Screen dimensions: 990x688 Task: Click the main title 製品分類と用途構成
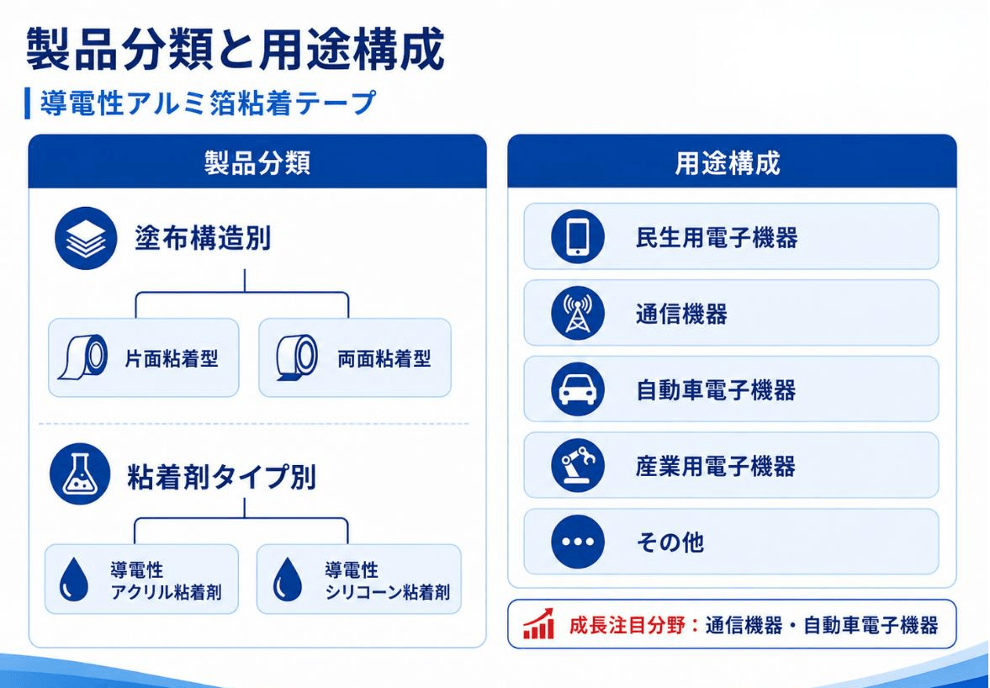coord(235,50)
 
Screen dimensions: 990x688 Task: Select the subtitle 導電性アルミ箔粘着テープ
coord(209,103)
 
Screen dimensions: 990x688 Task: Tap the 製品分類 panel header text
coord(257,162)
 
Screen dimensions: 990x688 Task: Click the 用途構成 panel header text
coord(728,162)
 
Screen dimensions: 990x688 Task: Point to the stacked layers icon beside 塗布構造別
coord(86,238)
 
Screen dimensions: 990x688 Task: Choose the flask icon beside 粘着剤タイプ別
coord(80,474)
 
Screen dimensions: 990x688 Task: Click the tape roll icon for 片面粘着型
coord(83,357)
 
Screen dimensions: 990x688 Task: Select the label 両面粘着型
coord(384,358)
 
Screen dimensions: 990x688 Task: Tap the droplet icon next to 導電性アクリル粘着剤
coord(74,579)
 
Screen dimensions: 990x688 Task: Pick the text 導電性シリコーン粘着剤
coord(388,580)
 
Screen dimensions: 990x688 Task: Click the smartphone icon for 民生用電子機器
coord(577,236)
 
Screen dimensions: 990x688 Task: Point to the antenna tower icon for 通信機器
coord(577,313)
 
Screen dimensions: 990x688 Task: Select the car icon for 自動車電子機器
coord(577,389)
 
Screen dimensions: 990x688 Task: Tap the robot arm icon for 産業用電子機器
coord(577,466)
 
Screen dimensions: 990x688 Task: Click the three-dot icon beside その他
coord(577,542)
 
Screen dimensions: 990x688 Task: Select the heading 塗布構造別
coord(203,239)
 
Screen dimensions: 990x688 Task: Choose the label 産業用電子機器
coord(716,467)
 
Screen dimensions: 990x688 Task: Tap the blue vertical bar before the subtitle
coord(27,103)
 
